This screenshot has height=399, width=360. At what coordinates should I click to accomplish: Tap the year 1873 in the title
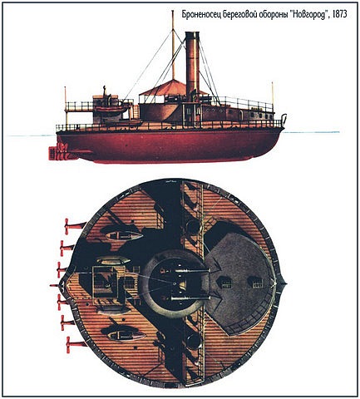coord(339,14)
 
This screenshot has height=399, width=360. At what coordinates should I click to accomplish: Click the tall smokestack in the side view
coord(192,66)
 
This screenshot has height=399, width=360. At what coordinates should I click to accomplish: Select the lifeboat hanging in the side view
coord(111,110)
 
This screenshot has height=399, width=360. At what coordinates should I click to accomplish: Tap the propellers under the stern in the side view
coord(60,152)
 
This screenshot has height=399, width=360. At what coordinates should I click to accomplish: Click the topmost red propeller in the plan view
coord(74,225)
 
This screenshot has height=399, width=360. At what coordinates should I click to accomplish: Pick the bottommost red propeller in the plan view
coord(76,344)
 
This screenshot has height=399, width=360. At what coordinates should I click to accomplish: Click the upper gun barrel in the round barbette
coord(185,270)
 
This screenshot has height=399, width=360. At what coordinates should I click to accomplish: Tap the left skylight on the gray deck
coord(224,283)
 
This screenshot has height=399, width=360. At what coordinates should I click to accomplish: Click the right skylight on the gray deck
coord(255,282)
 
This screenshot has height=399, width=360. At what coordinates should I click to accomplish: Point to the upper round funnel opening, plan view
coord(194,227)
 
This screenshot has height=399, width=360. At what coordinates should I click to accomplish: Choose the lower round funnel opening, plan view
coord(194,342)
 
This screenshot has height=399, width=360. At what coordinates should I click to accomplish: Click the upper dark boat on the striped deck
coord(122,235)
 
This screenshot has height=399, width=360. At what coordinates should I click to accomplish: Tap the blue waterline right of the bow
coord(311,132)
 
